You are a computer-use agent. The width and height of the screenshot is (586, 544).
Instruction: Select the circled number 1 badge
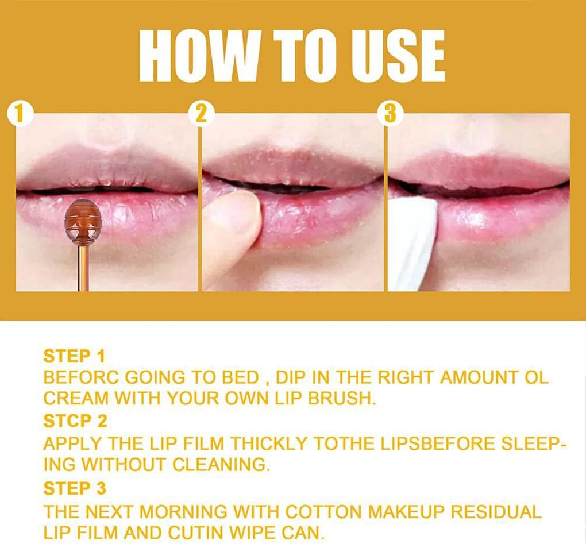20,113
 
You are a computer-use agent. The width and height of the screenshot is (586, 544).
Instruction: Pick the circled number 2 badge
201,113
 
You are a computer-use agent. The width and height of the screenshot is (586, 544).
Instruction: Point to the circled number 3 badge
390,113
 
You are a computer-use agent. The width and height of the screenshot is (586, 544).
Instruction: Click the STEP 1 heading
74,356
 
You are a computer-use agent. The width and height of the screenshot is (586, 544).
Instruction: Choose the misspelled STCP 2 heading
75,422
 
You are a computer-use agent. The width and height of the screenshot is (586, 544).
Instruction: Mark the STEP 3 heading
75,488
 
